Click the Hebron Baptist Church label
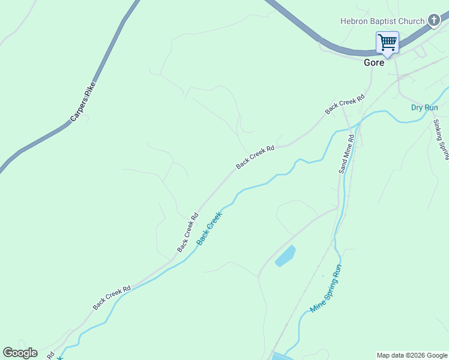tap(382, 21)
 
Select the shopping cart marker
tap(387, 43)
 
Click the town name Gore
tap(374, 62)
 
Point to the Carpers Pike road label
tap(83, 102)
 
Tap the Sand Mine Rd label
tap(346, 154)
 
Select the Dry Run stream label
tap(424, 107)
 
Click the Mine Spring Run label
tap(326, 289)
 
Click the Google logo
tap(20, 353)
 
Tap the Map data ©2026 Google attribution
tap(412, 355)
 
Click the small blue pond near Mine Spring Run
tap(285, 256)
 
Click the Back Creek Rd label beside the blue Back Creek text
tap(187, 233)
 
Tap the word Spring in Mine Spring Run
tap(327, 287)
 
